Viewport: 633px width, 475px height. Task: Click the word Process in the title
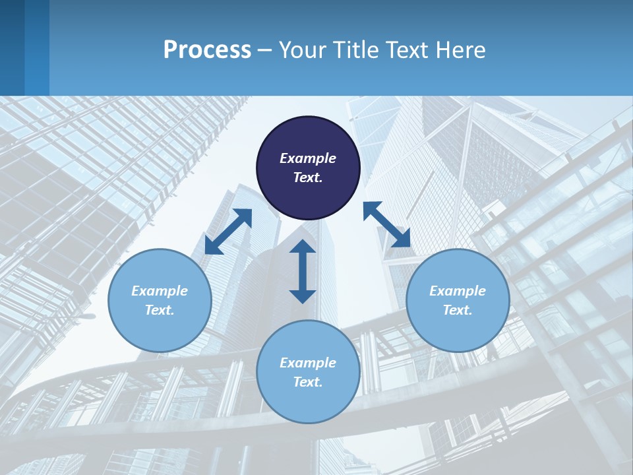click(x=207, y=50)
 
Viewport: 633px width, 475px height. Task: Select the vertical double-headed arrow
click(x=303, y=271)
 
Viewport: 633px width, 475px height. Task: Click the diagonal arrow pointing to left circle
click(x=228, y=231)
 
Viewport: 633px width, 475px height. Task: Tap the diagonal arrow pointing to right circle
click(x=387, y=224)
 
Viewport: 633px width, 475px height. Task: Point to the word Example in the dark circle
click(x=308, y=158)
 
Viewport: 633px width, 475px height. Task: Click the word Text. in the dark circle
click(x=308, y=177)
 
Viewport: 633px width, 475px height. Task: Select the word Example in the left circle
click(x=160, y=291)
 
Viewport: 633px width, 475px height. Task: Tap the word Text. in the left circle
click(x=160, y=310)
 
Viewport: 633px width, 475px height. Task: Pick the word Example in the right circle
click(x=458, y=291)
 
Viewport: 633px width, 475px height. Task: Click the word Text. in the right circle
click(x=458, y=310)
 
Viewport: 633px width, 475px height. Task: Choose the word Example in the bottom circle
click(x=308, y=363)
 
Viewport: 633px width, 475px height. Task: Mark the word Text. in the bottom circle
click(x=308, y=382)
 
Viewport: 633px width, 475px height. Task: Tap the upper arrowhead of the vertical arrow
click(x=303, y=247)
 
